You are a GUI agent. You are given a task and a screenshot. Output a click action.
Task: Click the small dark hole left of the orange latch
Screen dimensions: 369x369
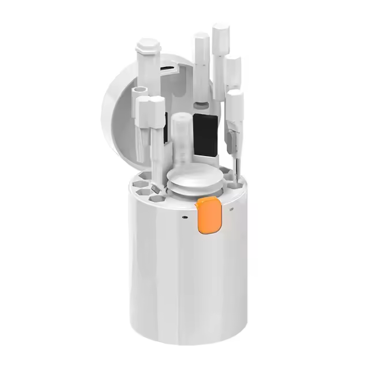[184, 217]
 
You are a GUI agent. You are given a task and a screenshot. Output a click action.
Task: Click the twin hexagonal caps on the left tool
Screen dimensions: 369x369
[148, 107]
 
